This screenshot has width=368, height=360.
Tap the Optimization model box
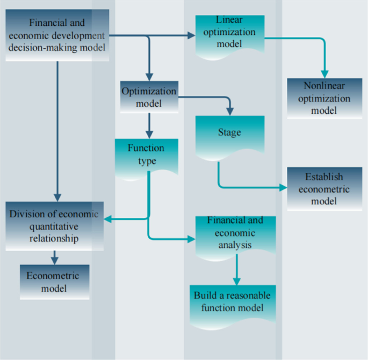click(148, 97)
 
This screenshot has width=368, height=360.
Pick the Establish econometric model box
click(324, 188)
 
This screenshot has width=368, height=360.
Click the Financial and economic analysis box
click(235, 234)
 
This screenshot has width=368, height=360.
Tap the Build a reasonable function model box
click(232, 304)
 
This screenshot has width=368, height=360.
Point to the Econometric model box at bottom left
click(54, 282)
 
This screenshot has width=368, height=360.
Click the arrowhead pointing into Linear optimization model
click(192, 36)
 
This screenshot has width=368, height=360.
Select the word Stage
click(229, 133)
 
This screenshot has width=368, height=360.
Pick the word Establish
click(324, 177)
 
